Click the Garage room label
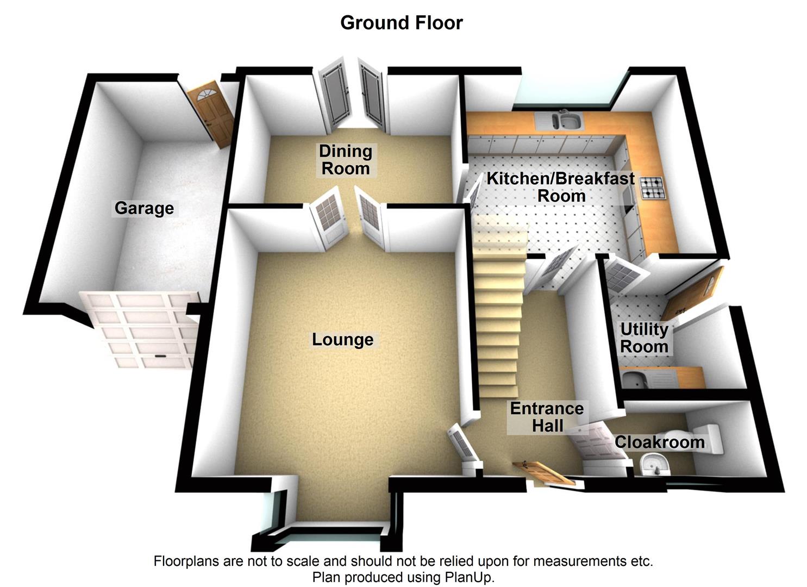[x=144, y=208]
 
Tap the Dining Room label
[x=345, y=160]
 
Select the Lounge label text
[x=342, y=340]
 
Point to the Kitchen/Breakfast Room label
[x=560, y=187]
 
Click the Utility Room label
[x=644, y=338]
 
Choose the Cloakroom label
[x=659, y=442]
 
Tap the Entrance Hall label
[x=547, y=417]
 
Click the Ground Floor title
[x=401, y=23]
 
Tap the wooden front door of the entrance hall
[x=543, y=473]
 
